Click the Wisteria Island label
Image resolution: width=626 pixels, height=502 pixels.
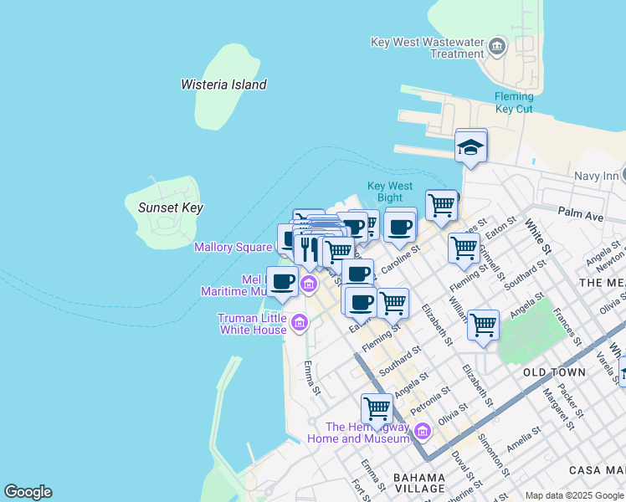tap(223, 85)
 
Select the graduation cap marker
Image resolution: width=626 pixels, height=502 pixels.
tap(471, 147)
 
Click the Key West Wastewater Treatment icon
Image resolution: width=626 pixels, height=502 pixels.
tap(497, 45)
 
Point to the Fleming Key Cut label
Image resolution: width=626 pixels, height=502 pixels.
tap(513, 102)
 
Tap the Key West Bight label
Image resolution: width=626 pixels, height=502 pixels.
tap(389, 192)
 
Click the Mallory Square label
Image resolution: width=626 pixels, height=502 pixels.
tap(233, 247)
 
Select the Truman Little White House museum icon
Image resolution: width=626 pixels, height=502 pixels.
tap(299, 320)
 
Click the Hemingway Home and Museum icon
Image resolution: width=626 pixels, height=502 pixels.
tap(423, 431)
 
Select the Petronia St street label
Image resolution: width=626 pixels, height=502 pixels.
tap(429, 399)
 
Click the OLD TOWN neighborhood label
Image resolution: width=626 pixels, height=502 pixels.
tap(554, 371)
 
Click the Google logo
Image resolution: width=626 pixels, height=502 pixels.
tap(28, 492)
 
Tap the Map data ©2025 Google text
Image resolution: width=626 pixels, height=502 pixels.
tap(574, 495)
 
